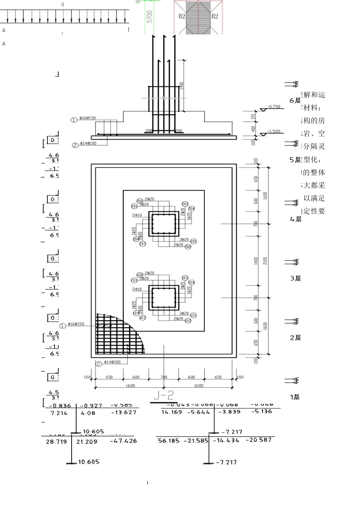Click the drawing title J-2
[x=164, y=395]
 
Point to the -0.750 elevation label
[x=274, y=106]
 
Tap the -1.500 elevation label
[x=274, y=131]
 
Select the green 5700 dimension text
[x=150, y=17]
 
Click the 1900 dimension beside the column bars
[x=182, y=86]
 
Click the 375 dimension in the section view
[x=254, y=118]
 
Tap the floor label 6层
[x=295, y=101]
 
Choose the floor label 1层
[x=295, y=397]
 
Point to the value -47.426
[x=123, y=441]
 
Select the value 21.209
[x=86, y=442]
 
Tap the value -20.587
[x=258, y=440]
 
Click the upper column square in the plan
[x=164, y=224]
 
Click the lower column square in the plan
[x=164, y=298]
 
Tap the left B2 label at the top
[x=182, y=16]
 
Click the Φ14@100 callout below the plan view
[x=112, y=362]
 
